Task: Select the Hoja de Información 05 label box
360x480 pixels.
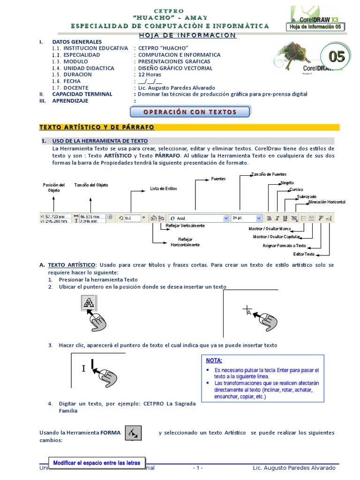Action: [316, 27]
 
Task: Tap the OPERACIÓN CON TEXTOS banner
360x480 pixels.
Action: [189, 112]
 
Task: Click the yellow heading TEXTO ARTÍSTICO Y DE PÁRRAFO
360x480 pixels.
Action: [97, 127]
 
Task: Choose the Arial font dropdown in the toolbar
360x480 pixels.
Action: [197, 218]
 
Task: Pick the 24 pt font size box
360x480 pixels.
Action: [246, 218]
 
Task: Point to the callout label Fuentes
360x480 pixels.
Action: [218, 179]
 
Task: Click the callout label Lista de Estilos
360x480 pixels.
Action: [164, 188]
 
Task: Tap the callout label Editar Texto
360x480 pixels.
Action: [304, 254]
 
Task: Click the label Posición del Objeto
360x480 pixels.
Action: [53, 187]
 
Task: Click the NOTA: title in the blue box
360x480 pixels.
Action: [214, 360]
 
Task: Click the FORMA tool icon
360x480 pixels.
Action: [134, 433]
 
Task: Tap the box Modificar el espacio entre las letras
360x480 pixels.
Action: [97, 463]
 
